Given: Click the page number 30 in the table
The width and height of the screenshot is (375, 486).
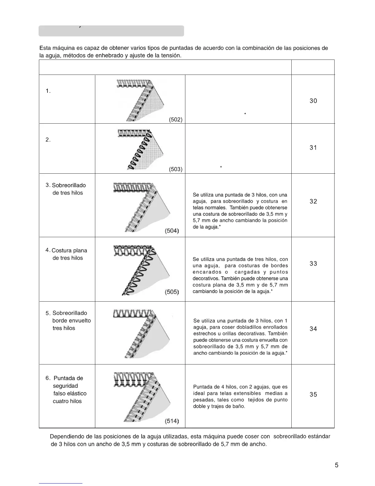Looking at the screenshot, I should (x=313, y=101).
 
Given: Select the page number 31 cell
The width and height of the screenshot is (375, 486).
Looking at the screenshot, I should (x=313, y=148).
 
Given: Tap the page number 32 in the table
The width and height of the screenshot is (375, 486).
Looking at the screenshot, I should (x=313, y=202).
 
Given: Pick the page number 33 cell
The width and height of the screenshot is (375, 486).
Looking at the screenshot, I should (x=313, y=264).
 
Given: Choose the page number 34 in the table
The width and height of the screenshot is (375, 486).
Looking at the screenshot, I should (x=313, y=329).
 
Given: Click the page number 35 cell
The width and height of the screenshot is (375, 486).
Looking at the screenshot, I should (x=313, y=395).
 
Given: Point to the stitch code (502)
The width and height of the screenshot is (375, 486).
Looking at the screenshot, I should (x=176, y=120).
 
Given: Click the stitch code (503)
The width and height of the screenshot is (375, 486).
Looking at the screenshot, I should (x=176, y=169).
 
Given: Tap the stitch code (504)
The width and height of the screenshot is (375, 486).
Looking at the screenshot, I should (x=172, y=231).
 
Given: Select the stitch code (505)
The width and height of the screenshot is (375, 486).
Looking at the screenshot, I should (x=172, y=292).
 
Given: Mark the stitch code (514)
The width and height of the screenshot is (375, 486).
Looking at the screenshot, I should (x=172, y=421).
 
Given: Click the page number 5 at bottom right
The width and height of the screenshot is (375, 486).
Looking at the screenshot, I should (x=336, y=465).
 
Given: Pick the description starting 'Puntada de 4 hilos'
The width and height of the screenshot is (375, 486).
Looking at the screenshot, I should (x=240, y=396).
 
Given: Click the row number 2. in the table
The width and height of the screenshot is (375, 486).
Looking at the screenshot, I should (x=48, y=140).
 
